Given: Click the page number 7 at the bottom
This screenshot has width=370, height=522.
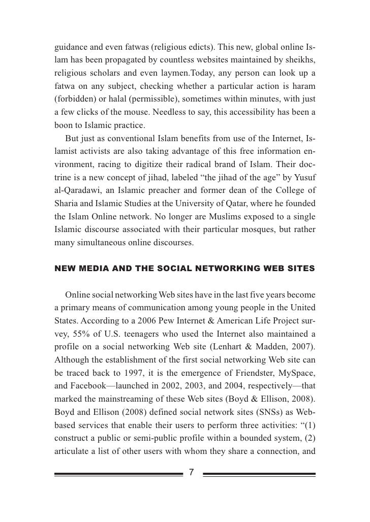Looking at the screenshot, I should [192, 472].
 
